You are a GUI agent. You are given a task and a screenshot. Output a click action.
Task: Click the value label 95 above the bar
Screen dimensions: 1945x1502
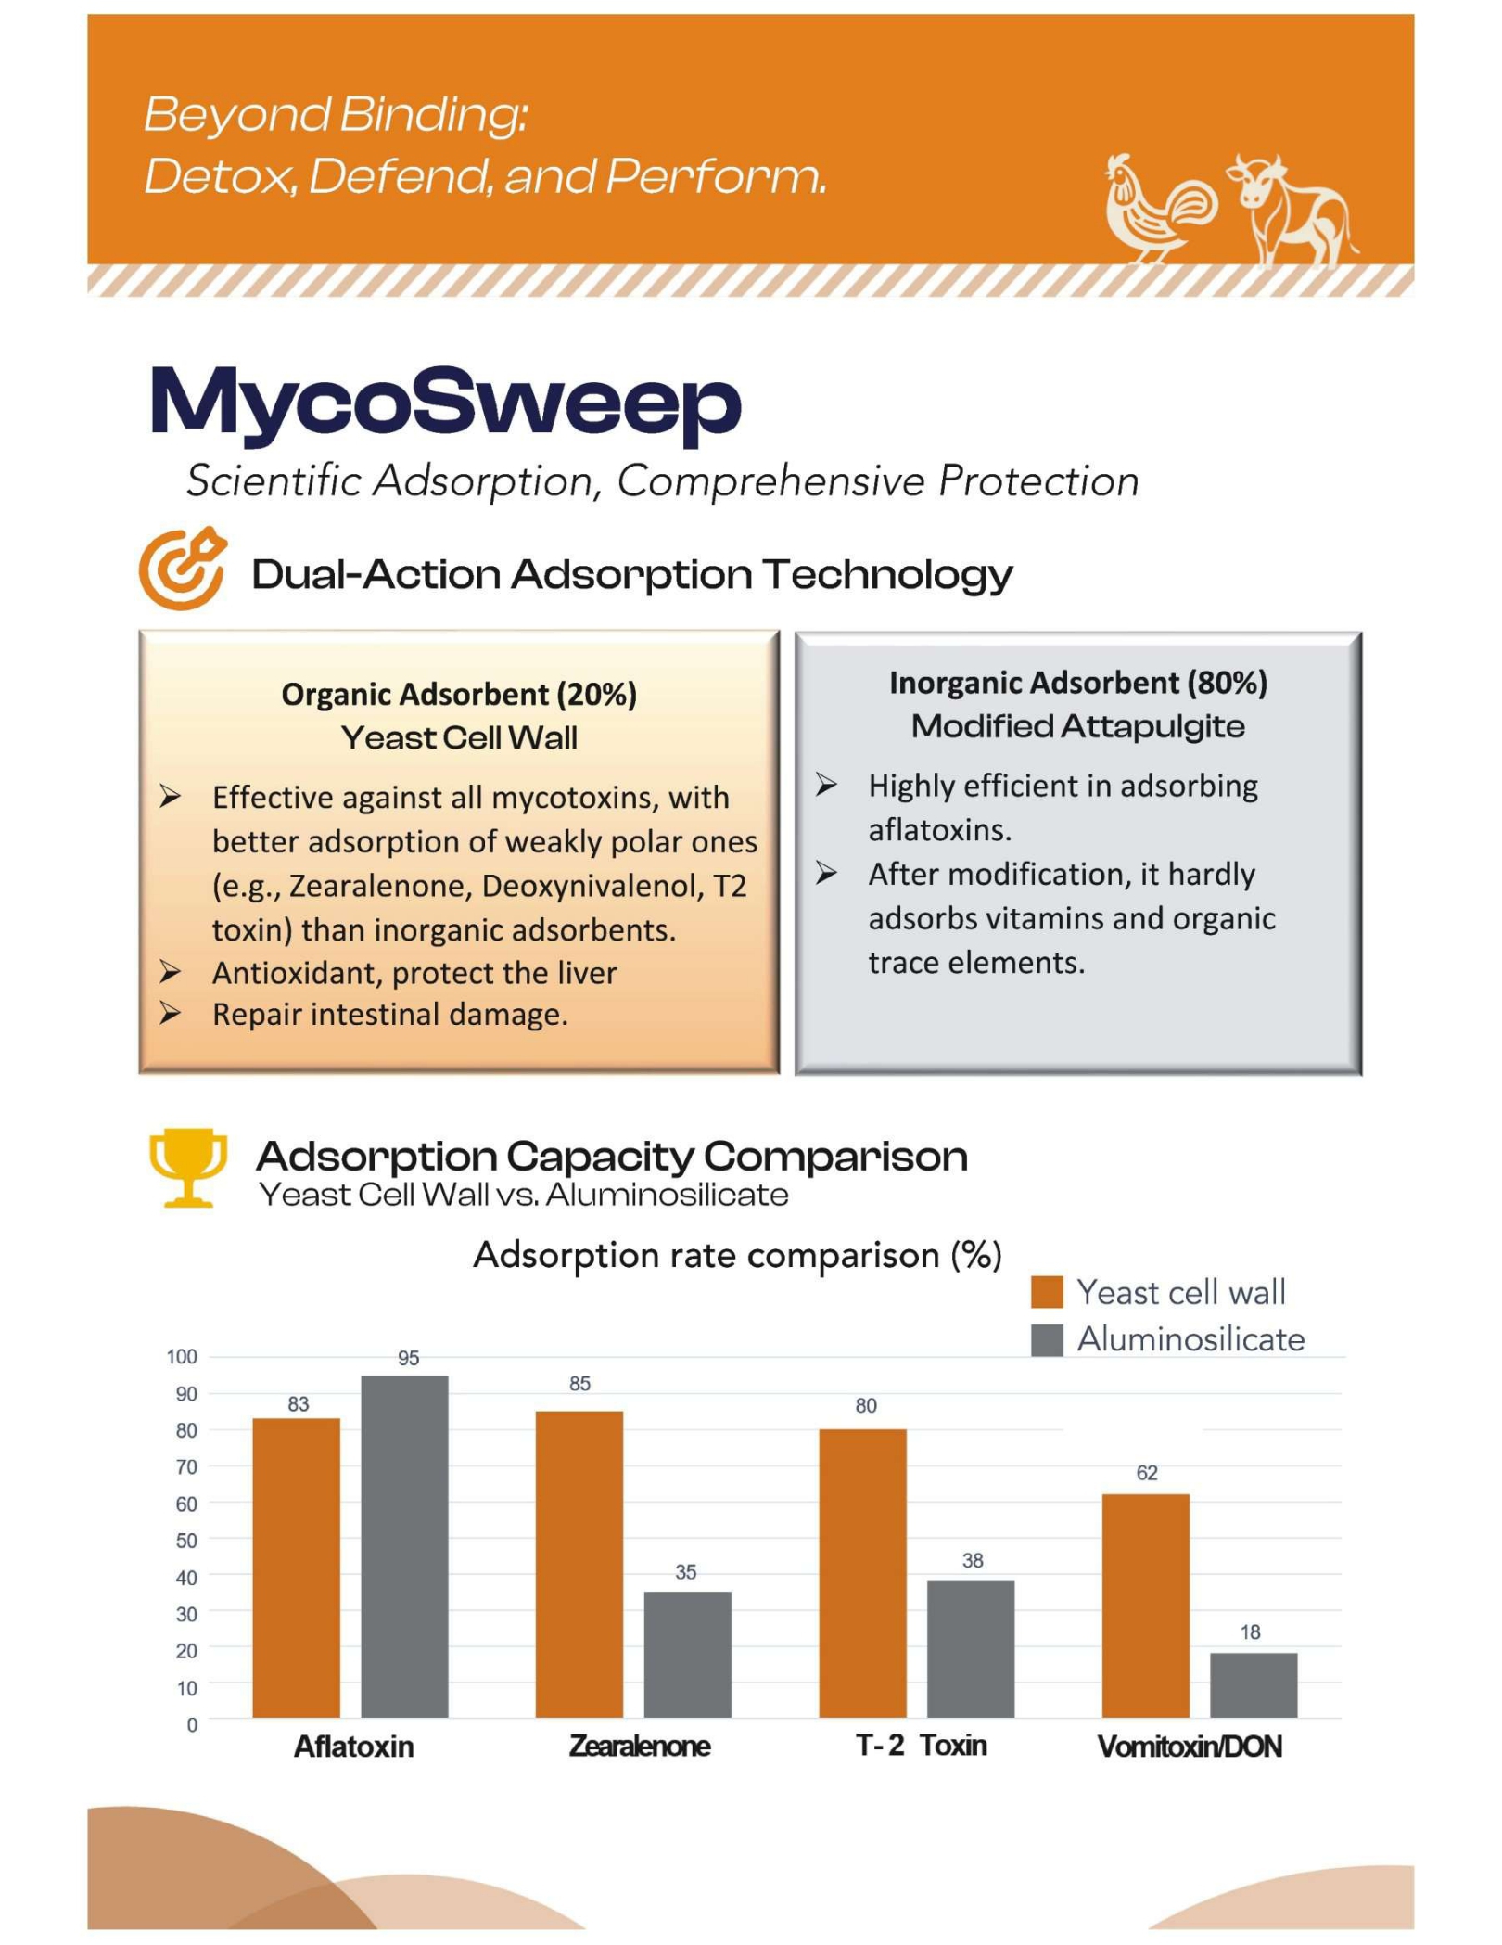pos(408,1358)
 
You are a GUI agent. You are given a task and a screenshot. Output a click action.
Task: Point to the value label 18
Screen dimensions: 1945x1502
pos(1250,1631)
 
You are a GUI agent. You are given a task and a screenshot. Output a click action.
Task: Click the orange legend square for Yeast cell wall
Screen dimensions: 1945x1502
pos(1046,1292)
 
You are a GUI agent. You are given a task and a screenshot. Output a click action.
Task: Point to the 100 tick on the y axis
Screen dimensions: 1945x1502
pos(182,1356)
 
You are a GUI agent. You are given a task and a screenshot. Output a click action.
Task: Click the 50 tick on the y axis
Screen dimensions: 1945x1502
pos(185,1540)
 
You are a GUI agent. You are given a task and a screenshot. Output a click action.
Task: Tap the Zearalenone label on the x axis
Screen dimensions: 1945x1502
pos(639,1746)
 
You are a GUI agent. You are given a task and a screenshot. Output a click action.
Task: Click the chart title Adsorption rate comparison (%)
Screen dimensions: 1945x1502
pos(737,1255)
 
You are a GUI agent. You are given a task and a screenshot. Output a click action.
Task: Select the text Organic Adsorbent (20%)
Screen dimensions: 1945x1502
pos(459,694)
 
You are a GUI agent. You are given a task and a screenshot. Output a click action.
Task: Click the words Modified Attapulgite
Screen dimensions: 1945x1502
pos(1077,726)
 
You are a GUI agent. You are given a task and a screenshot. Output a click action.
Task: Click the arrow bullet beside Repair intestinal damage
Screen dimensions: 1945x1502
pos(170,1013)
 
